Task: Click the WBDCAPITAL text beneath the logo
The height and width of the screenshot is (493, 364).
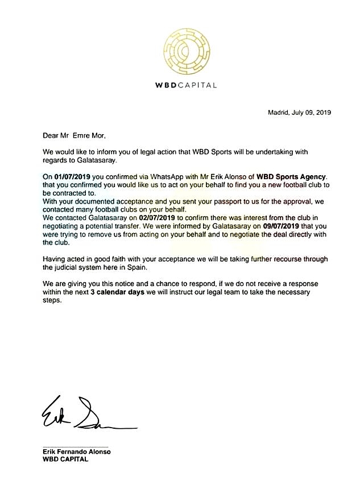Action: pos(186,85)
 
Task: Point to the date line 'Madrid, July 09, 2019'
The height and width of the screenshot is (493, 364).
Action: pos(299,113)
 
